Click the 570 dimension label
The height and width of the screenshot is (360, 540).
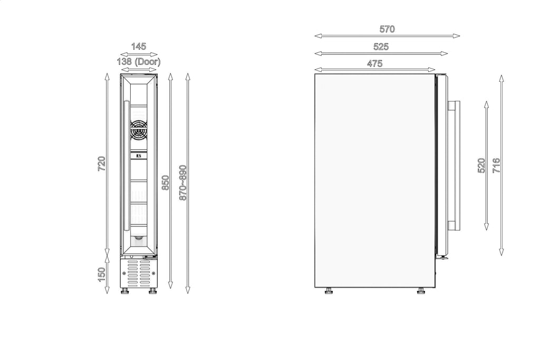387,29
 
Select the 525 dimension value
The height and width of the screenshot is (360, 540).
381,46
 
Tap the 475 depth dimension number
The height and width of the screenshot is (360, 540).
375,64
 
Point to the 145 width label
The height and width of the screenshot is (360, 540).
139,46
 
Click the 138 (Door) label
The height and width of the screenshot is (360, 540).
139,62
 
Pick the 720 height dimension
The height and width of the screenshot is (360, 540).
101,164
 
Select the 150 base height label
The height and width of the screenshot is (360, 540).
101,274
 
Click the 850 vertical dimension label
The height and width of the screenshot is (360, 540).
166,183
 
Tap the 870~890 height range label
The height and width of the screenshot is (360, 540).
183,183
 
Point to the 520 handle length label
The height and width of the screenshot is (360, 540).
481,166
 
